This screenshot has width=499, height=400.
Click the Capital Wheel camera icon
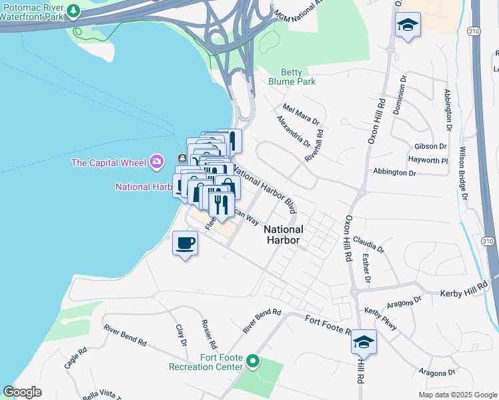point(157,161)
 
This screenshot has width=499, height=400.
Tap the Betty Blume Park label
point(292,77)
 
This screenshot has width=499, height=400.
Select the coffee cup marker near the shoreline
point(185,244)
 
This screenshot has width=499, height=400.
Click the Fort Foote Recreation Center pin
point(252,361)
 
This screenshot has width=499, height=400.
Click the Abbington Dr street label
point(394,172)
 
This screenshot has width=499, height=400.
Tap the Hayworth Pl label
point(428,161)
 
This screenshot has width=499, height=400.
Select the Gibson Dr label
point(430,146)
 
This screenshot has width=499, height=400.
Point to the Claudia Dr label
point(369,243)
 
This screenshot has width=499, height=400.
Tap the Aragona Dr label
point(437,372)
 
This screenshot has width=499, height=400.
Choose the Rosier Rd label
point(208,334)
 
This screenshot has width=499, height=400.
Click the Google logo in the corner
point(23,392)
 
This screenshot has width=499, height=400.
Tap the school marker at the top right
point(408,26)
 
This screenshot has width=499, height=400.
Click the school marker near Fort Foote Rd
point(364,343)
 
